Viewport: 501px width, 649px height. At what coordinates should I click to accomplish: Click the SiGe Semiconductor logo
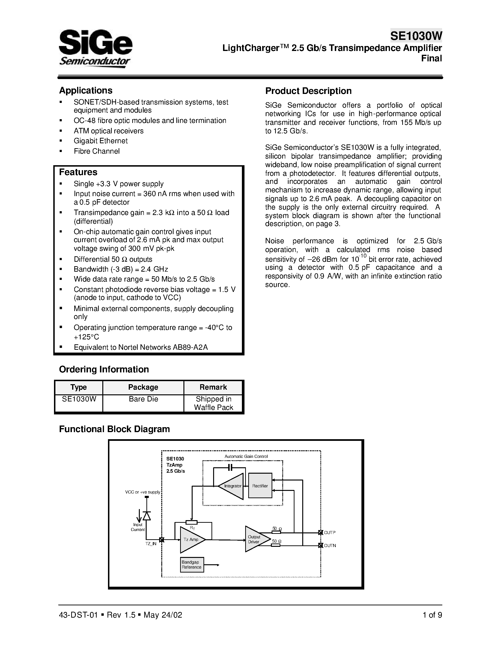click(x=95, y=48)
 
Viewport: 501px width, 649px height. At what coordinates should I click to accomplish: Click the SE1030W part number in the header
click(x=416, y=36)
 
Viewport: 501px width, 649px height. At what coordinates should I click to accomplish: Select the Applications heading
click(x=86, y=90)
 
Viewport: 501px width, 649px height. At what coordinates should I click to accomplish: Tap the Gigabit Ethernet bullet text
click(x=101, y=141)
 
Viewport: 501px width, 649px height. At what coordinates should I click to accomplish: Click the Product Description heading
click(x=308, y=91)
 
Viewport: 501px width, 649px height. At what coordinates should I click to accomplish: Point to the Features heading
click(x=78, y=172)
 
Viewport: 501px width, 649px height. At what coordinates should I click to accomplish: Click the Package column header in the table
click(x=143, y=387)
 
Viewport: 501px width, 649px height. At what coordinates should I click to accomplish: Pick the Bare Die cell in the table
click(x=143, y=399)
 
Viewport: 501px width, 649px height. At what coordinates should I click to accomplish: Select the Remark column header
click(x=213, y=387)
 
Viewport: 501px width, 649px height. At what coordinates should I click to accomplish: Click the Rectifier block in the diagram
click(x=260, y=486)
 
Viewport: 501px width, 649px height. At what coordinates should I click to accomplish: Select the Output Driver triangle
click(x=255, y=539)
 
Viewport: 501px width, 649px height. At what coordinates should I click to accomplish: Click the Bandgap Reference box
click(x=192, y=565)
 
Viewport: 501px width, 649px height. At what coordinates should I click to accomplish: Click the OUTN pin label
click(x=330, y=546)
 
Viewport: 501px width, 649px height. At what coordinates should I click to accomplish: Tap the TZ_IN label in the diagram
click(x=151, y=544)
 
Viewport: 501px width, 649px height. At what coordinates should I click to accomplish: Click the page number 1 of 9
click(x=432, y=615)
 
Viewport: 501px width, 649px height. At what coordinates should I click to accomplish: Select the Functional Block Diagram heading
click(x=114, y=429)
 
